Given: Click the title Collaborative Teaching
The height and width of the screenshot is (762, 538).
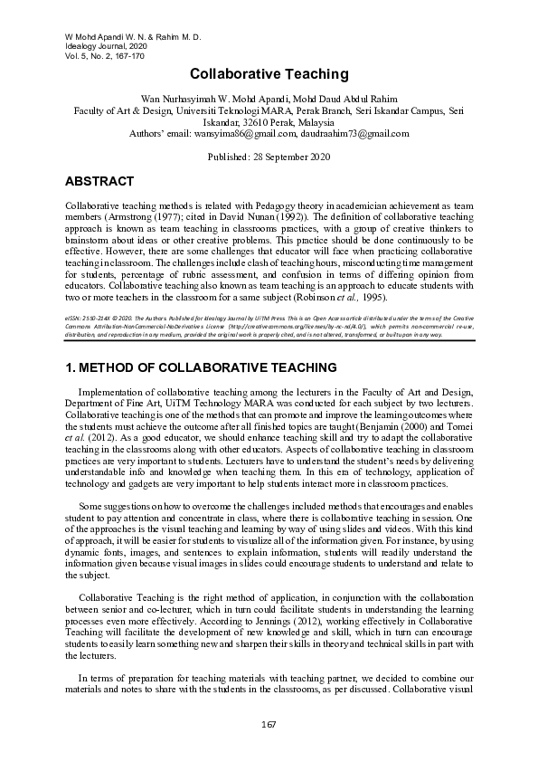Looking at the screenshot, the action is (x=269, y=73).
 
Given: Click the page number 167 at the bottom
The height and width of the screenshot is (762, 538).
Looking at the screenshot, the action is (x=269, y=724).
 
